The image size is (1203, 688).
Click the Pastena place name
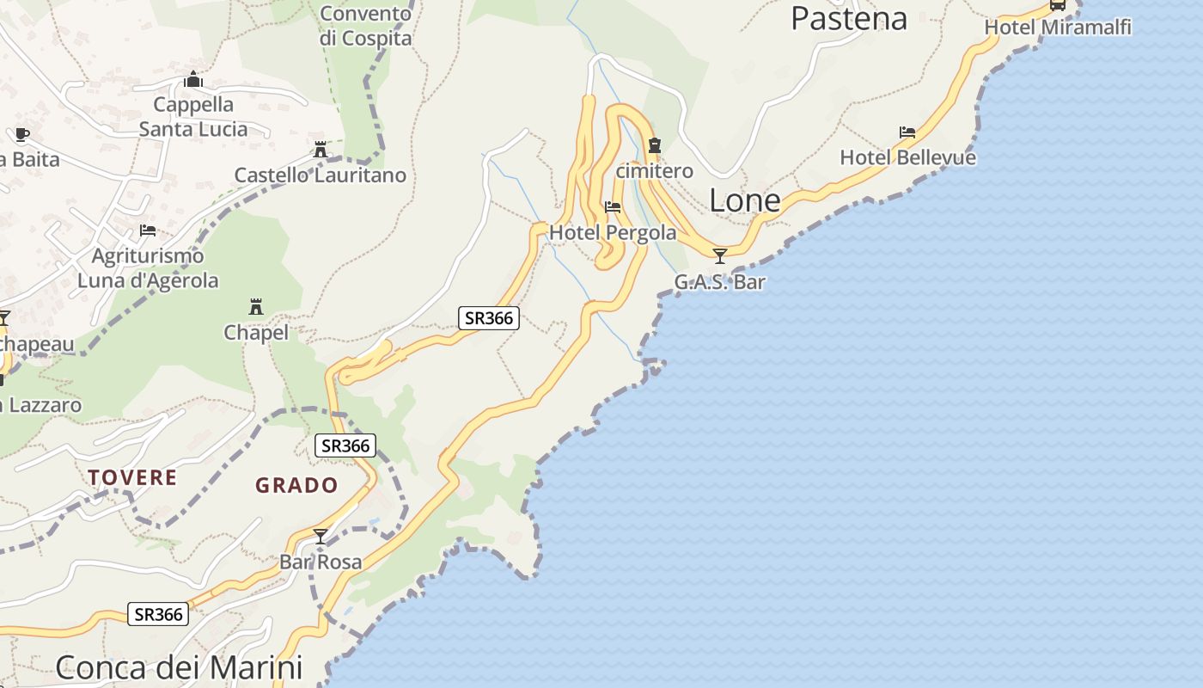(x=848, y=18)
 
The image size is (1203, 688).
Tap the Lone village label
(x=744, y=200)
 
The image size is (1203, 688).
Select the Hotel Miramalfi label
(x=1057, y=28)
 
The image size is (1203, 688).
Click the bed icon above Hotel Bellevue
(x=907, y=132)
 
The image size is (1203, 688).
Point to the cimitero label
(x=655, y=171)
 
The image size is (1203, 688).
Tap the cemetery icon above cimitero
(x=655, y=145)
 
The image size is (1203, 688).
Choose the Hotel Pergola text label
(x=613, y=232)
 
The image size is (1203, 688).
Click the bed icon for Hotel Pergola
(x=613, y=207)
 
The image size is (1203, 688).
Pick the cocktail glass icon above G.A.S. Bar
(x=720, y=255)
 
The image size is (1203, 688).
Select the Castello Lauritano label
(x=321, y=175)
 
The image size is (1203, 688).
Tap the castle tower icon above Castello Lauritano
(x=321, y=150)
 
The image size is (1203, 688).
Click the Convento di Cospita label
(x=365, y=26)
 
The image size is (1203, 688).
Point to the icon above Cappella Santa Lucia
(x=193, y=80)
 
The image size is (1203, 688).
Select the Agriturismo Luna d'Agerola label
(x=148, y=268)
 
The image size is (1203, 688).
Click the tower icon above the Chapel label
(x=256, y=306)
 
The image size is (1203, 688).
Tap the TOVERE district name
(x=132, y=477)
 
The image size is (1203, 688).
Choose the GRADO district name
(x=296, y=485)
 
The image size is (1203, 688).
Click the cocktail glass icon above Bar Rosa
(x=321, y=537)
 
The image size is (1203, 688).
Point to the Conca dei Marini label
(x=179, y=667)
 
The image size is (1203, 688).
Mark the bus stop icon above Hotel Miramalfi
(x=1058, y=5)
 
